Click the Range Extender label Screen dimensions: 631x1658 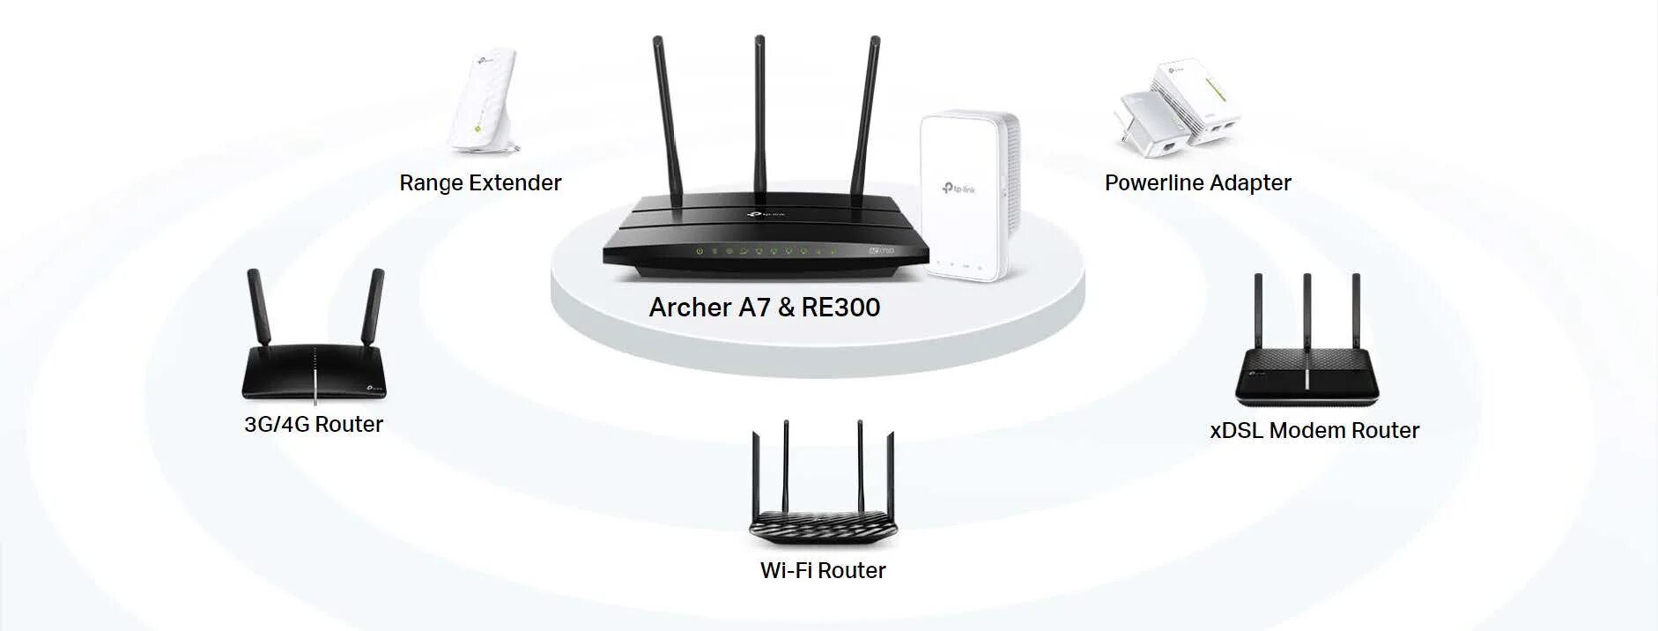coord(480,182)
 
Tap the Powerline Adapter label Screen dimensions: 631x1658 coord(1197,182)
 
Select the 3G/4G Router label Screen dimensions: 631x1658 coord(314,424)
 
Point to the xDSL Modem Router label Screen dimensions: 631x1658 coord(1314,430)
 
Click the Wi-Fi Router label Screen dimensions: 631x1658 coord(823,570)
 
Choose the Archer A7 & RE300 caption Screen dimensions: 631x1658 coord(765,307)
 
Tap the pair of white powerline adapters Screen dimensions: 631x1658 coord(1179,106)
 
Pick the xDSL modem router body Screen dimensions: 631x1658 coord(1307,375)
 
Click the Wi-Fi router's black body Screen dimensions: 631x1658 coord(823,524)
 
